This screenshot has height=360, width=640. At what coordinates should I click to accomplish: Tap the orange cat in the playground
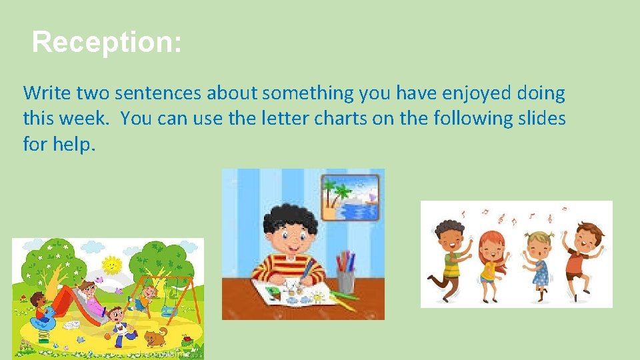tap(156, 337)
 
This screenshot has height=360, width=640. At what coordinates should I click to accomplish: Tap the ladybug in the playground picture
tap(188, 341)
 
